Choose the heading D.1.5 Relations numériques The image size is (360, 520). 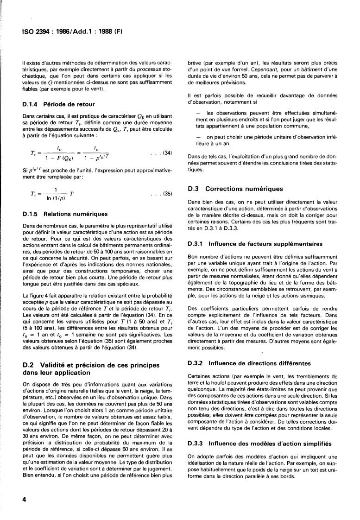[65, 214]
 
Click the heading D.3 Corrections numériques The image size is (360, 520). [237, 189]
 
